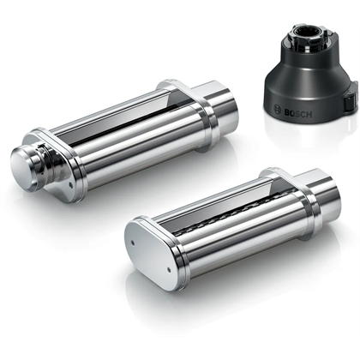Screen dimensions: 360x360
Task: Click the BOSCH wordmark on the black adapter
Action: pos(298,113)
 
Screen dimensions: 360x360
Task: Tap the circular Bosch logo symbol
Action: pos(278,109)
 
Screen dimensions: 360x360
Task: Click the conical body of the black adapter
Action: pos(309,86)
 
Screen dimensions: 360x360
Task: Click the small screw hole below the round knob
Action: pos(69,185)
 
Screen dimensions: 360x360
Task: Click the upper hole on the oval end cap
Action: pos(133,243)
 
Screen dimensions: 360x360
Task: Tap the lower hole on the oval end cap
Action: pos(169,269)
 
